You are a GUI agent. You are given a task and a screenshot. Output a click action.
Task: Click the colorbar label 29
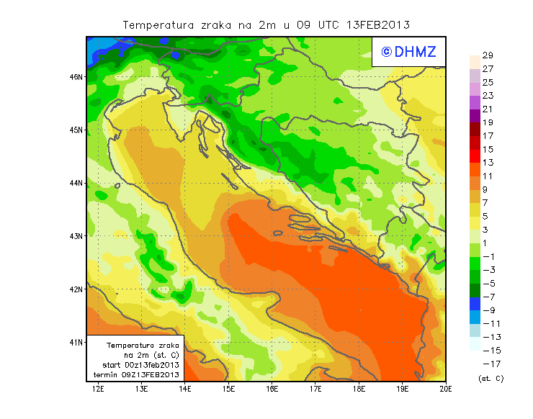(x=488, y=55)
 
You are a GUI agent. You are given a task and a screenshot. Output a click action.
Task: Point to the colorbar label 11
(x=488, y=176)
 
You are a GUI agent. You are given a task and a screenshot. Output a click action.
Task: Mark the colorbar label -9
(x=488, y=310)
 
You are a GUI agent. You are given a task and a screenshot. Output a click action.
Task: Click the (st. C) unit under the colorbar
(x=491, y=378)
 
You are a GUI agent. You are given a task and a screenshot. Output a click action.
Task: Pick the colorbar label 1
(x=485, y=243)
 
